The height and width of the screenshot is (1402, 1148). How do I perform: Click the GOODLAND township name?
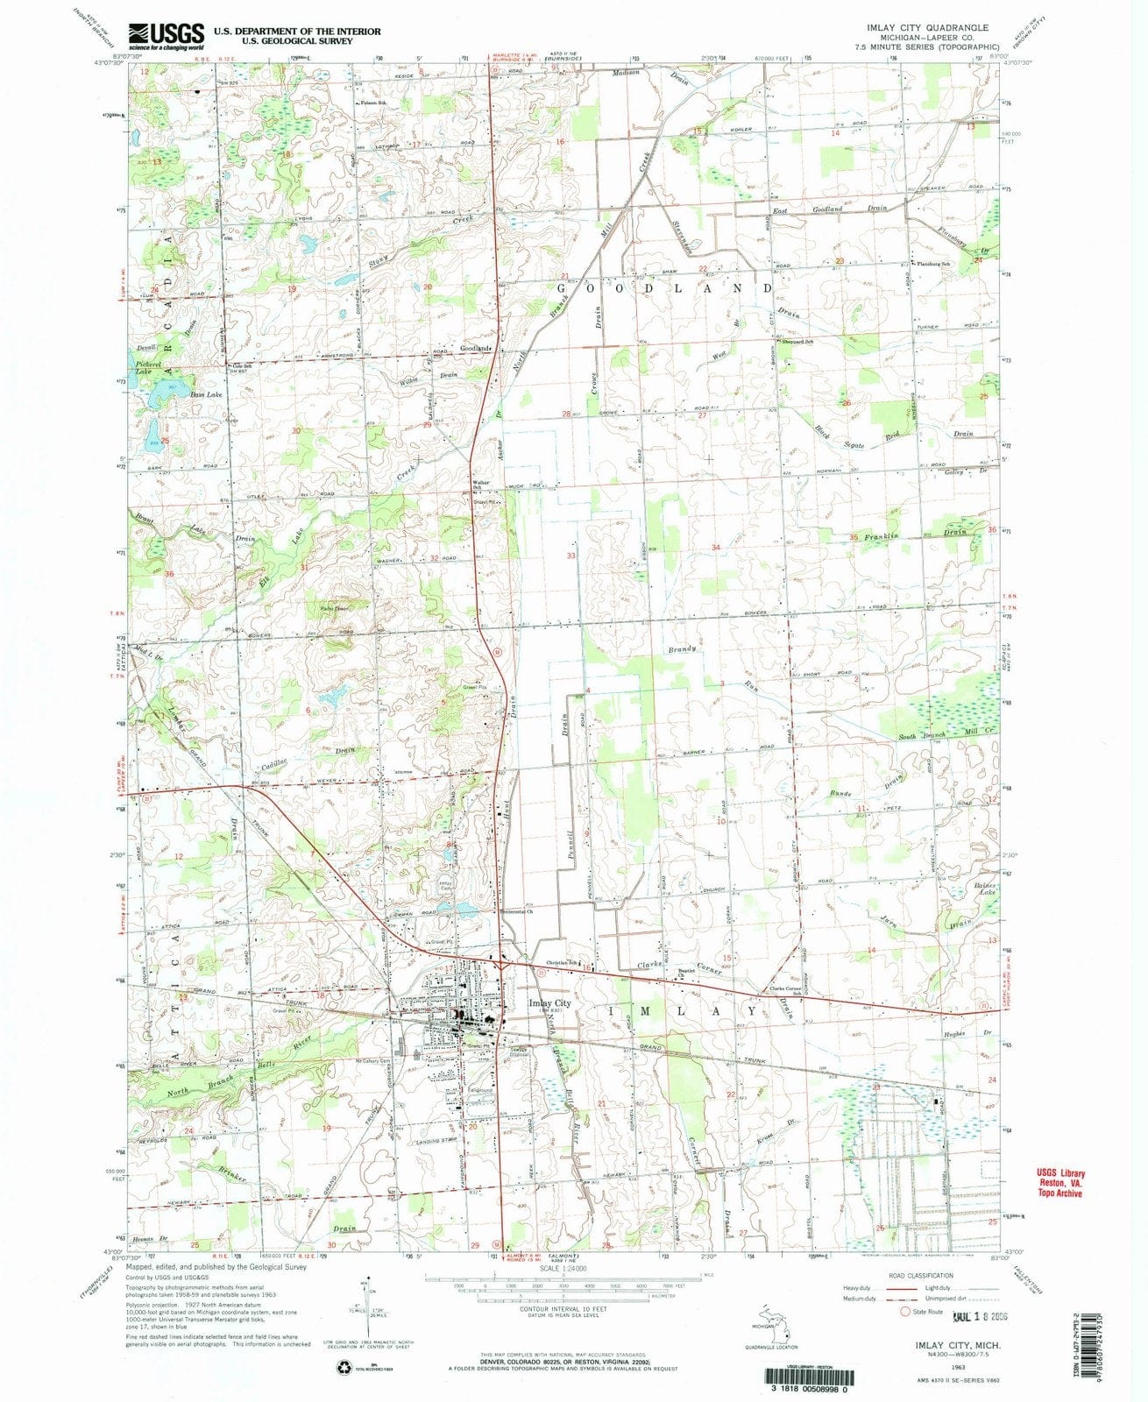pyautogui.click(x=674, y=287)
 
